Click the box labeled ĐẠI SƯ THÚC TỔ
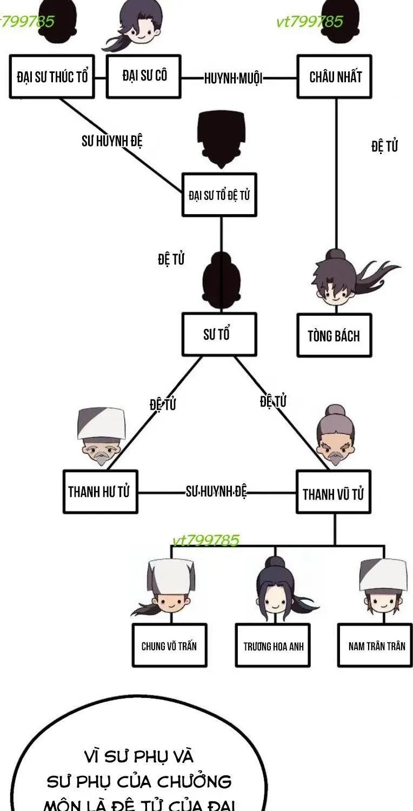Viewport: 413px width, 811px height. (52, 76)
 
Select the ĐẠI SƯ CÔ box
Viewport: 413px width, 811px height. (144, 76)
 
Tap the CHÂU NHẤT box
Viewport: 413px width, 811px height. (335, 76)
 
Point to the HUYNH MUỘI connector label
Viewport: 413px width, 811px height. (233, 78)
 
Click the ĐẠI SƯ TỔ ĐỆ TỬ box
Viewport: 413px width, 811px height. (219, 195)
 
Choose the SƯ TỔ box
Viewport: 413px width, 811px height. (219, 334)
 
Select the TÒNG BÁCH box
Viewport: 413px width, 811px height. (335, 335)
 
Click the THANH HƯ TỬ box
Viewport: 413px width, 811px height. (100, 491)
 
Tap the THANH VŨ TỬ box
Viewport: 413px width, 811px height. (334, 491)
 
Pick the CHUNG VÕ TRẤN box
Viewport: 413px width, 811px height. (169, 645)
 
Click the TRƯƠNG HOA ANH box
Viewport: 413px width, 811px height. (273, 645)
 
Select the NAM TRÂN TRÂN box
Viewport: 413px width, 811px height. (375, 645)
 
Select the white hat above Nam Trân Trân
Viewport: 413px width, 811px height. (384, 574)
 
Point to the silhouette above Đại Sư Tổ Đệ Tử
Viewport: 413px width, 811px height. (221, 139)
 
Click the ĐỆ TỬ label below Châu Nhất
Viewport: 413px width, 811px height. (384, 147)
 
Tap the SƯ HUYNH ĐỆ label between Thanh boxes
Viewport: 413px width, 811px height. (216, 491)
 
